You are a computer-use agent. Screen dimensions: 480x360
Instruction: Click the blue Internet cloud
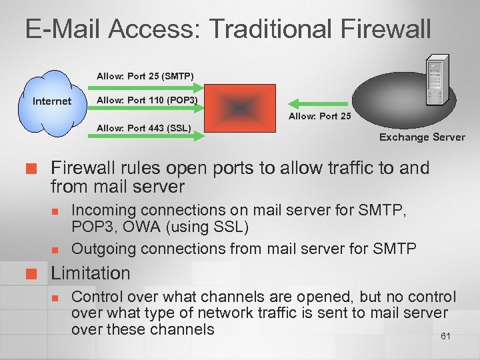pyautogui.click(x=51, y=101)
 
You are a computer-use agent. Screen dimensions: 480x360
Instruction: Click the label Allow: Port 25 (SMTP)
pyautogui.click(x=145, y=76)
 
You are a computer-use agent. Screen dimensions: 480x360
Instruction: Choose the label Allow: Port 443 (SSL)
pyautogui.click(x=144, y=127)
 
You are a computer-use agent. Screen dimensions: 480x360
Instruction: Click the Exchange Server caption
pyautogui.click(x=422, y=137)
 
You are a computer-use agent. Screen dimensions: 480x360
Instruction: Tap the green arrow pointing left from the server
pyautogui.click(x=318, y=103)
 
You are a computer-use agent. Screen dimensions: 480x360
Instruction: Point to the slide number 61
pyautogui.click(x=445, y=336)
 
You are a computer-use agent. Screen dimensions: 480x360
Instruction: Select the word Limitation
pyautogui.click(x=91, y=273)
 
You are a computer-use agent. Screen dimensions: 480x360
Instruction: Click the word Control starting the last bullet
pyautogui.click(x=97, y=297)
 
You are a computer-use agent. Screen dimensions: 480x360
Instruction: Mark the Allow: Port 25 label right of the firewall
pyautogui.click(x=319, y=117)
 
